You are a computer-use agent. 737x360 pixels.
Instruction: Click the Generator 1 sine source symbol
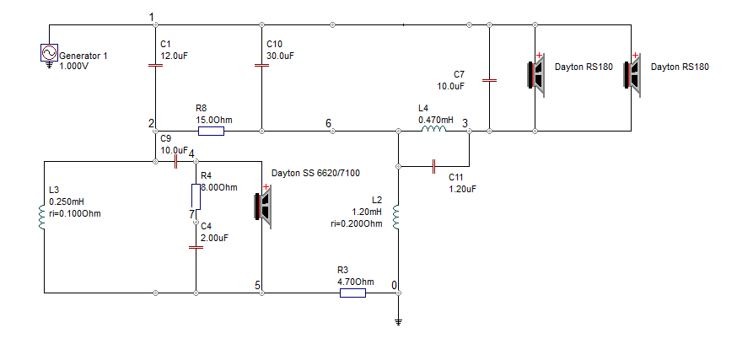tap(49, 52)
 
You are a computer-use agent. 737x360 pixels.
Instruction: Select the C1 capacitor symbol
tap(155, 65)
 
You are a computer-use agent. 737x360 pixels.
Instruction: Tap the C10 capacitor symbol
tap(261, 65)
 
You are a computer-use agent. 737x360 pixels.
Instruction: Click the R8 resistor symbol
tap(211, 132)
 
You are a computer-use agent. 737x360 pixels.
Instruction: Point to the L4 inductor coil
tap(433, 130)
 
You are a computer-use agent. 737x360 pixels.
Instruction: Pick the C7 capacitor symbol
tap(489, 80)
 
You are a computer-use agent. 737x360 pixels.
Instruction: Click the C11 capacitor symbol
tap(433, 166)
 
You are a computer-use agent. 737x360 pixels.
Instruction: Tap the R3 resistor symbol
tap(352, 293)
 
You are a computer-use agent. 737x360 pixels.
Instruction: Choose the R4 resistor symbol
tap(196, 197)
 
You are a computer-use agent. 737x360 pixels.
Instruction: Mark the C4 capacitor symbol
tap(196, 247)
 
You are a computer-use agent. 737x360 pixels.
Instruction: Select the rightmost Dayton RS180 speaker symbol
tap(632, 75)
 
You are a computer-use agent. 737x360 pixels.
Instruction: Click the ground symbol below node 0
tap(399, 322)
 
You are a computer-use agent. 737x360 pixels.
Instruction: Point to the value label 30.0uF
tap(280, 56)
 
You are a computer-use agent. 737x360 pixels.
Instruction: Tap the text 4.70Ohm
tap(356, 282)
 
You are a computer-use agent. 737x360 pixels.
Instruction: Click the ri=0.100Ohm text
tap(75, 214)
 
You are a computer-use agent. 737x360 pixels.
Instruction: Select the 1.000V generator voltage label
tap(74, 67)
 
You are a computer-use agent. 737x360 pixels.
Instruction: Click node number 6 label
tap(328, 124)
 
